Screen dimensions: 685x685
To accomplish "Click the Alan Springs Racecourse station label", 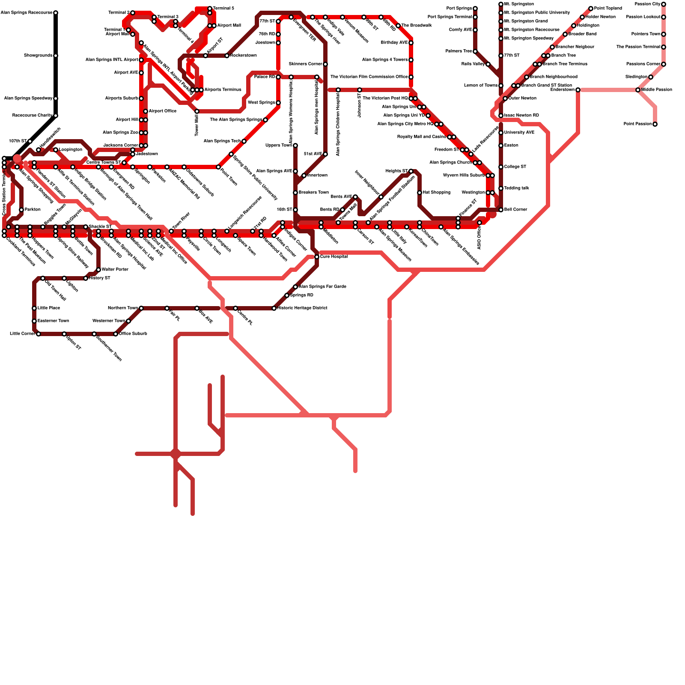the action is (x=27, y=13).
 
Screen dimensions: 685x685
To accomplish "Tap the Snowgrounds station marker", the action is (x=56, y=56).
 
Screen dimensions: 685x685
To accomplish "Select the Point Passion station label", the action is (x=637, y=124).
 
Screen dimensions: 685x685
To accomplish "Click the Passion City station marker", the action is (x=664, y=4).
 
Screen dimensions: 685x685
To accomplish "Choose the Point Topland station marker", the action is (x=591, y=9).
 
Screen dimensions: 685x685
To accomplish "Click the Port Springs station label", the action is (x=459, y=9).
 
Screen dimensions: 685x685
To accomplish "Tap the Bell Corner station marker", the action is (x=501, y=210).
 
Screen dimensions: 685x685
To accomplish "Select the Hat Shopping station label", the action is (x=436, y=193).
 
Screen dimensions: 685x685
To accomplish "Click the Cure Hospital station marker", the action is (x=317, y=257).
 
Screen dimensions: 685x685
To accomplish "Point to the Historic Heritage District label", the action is (x=302, y=308).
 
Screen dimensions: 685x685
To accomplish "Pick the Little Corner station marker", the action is (x=39, y=334).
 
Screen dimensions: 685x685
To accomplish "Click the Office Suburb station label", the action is (x=133, y=334).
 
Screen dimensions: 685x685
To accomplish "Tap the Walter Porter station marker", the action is (x=98, y=270).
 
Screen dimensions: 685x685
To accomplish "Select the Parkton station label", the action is (x=33, y=210).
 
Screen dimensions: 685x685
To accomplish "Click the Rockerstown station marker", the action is (x=227, y=56).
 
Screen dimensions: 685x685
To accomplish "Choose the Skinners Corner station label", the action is (x=305, y=64).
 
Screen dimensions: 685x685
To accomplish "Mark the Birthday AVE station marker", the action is (x=411, y=43).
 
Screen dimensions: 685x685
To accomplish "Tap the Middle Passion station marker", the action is (x=638, y=90).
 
